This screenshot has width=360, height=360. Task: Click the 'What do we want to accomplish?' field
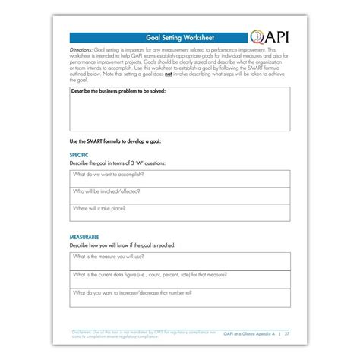tap(179, 176)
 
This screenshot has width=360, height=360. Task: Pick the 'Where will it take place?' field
tap(179, 210)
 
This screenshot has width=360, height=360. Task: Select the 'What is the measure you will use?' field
tap(179, 259)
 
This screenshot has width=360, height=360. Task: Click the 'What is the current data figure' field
tap(179, 276)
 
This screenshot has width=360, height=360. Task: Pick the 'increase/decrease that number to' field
tap(179, 293)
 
